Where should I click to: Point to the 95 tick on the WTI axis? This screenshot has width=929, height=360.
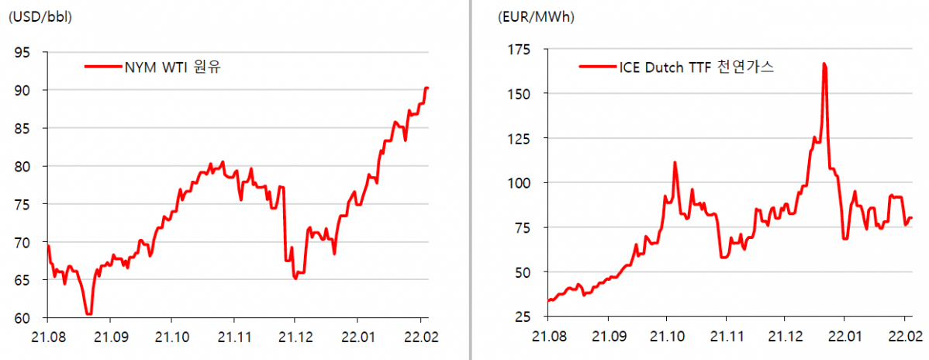click(24, 53)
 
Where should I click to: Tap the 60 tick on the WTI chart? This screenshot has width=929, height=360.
click(24, 318)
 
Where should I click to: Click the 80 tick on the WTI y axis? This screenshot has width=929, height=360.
click(24, 166)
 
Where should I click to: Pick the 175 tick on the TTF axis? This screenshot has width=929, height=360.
click(519, 50)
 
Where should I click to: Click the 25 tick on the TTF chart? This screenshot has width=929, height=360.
click(522, 317)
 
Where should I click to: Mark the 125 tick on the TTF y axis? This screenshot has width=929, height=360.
click(519, 139)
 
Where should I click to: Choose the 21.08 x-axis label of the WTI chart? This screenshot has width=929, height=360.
click(47, 337)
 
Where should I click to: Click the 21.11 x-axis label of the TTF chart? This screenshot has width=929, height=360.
click(725, 337)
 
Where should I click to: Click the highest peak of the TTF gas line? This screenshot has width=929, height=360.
click(824, 64)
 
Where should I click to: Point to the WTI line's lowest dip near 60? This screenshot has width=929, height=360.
click(88, 314)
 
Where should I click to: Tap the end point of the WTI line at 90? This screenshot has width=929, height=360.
click(427, 88)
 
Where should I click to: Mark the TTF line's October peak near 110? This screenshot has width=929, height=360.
click(675, 163)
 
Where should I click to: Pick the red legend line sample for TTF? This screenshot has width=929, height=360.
click(596, 67)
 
